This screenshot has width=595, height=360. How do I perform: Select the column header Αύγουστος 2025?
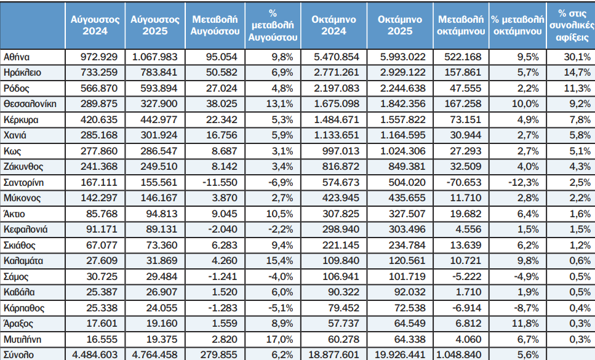(154, 25)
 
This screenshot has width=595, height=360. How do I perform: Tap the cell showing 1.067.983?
(154, 57)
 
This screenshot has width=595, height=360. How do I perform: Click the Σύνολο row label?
(18, 354)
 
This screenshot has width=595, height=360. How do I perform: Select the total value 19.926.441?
(399, 354)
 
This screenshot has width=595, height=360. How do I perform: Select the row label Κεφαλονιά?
(25, 229)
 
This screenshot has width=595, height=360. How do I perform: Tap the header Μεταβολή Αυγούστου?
(214, 25)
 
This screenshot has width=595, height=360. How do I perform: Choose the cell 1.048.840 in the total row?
(460, 354)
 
